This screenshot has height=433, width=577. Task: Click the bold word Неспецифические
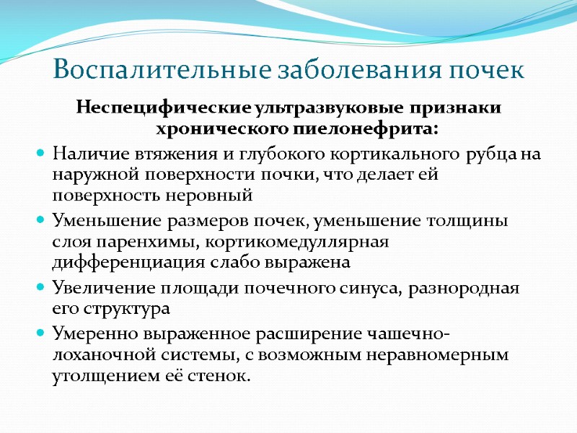[x=163, y=109]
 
